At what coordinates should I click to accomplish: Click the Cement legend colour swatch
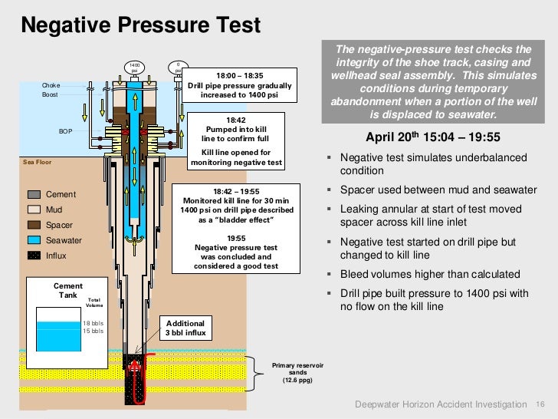[35, 194]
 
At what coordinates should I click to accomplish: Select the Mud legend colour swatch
[35, 209]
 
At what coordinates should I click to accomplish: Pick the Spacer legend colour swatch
[35, 225]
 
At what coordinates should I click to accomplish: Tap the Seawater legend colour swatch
[35, 240]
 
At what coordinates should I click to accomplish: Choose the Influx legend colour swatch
[35, 256]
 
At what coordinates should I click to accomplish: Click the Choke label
[51, 84]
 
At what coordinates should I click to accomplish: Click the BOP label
[66, 131]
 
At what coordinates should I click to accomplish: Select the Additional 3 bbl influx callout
[185, 328]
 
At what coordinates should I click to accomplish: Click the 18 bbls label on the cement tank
[93, 323]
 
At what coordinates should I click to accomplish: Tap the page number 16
[539, 404]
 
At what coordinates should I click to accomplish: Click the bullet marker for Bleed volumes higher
[329, 275]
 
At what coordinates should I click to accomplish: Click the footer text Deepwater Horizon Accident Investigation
[441, 404]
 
